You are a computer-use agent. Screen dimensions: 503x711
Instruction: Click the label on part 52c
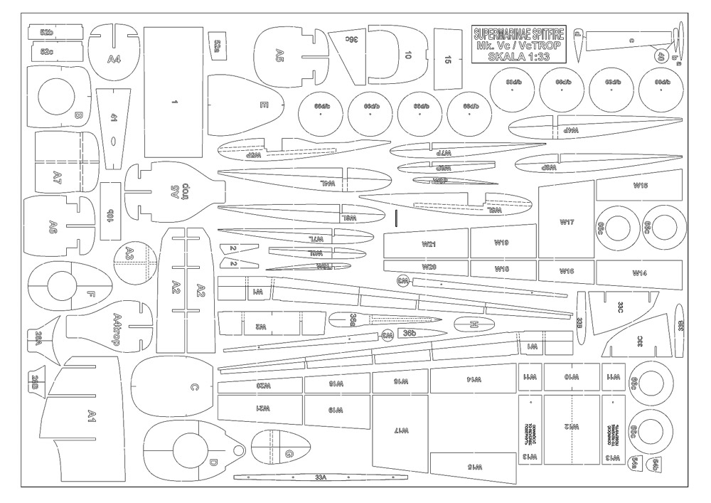[x=47, y=52]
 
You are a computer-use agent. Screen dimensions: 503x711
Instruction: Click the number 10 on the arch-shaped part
[x=407, y=55]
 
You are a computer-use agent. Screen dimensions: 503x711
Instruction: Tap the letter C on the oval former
[x=193, y=388]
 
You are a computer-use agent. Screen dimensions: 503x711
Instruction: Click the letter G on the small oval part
[x=288, y=454]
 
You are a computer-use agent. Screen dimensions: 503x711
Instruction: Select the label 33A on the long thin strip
[x=319, y=477]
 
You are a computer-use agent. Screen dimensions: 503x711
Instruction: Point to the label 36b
[x=409, y=333]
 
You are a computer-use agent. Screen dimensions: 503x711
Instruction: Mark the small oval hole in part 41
[x=113, y=142]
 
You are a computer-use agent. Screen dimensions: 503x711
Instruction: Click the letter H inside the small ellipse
[x=474, y=324]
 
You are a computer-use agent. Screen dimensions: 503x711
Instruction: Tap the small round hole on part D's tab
[x=237, y=449]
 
